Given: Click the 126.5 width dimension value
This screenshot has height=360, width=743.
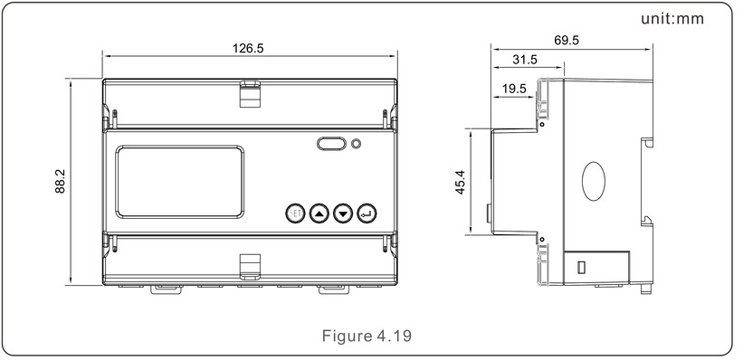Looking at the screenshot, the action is (x=248, y=48).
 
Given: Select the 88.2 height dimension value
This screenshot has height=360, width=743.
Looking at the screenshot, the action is (x=60, y=182).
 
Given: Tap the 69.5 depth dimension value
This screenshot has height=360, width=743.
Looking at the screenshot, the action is (x=567, y=41).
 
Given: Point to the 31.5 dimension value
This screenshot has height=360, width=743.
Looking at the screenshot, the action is (x=525, y=60).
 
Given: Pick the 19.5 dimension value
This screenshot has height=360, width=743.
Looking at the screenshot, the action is (x=514, y=89).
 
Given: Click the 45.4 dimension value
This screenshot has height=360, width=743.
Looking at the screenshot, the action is (x=460, y=182).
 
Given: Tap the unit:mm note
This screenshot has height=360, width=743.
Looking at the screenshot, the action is (x=672, y=18).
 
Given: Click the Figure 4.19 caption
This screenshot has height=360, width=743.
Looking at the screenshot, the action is (x=367, y=336).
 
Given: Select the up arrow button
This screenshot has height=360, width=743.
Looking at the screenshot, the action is (x=319, y=214).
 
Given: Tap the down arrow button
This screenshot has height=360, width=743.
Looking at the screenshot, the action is (x=343, y=214).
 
